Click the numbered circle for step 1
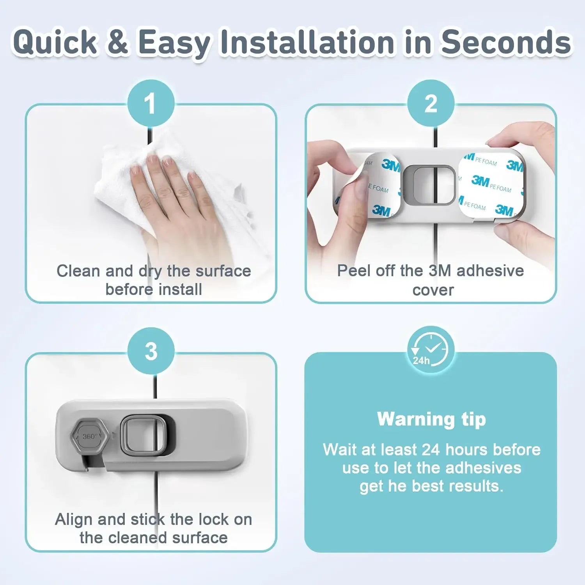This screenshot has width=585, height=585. tap(151, 103)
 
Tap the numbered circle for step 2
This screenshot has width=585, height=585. tap(431, 103)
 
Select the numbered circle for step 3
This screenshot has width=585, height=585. tap(151, 351)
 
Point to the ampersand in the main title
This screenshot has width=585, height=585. tap(117, 42)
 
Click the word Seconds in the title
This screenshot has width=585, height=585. tap(506, 42)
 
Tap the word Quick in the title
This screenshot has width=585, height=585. tap(55, 42)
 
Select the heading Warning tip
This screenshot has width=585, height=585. tap(431, 419)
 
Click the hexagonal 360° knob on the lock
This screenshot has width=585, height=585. tap(89, 436)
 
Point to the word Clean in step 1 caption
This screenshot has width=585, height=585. tap(73, 271)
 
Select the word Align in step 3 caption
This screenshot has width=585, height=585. tap(73, 519)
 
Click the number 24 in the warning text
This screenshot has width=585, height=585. tap(431, 450)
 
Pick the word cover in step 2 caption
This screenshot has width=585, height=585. tap(433, 290)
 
